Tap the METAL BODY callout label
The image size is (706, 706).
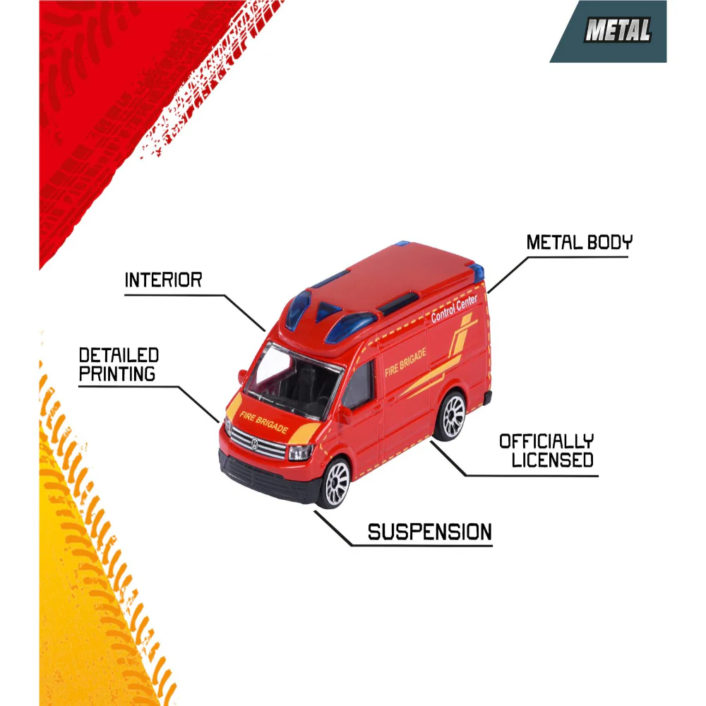pyautogui.click(x=579, y=242)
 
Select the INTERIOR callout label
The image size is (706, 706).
pyautogui.click(x=164, y=280)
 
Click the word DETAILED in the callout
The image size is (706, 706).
pyautogui.click(x=119, y=355)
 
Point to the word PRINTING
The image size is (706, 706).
pyautogui.click(x=117, y=373)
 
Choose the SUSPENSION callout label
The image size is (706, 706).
pyautogui.click(x=429, y=532)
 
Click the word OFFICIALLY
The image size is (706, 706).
pyautogui.click(x=546, y=441)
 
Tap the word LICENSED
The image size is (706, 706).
pyautogui.click(x=553, y=460)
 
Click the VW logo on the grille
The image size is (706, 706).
pyautogui.click(x=254, y=444)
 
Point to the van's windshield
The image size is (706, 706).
pyautogui.click(x=293, y=379)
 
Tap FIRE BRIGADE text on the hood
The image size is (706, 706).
pyautogui.click(x=263, y=422)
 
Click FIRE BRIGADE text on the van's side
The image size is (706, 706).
pyautogui.click(x=405, y=362)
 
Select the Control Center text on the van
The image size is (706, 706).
pyautogui.click(x=454, y=309)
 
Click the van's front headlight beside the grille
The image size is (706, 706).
pyautogui.click(x=300, y=452)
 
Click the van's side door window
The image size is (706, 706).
pyautogui.click(x=359, y=385)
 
